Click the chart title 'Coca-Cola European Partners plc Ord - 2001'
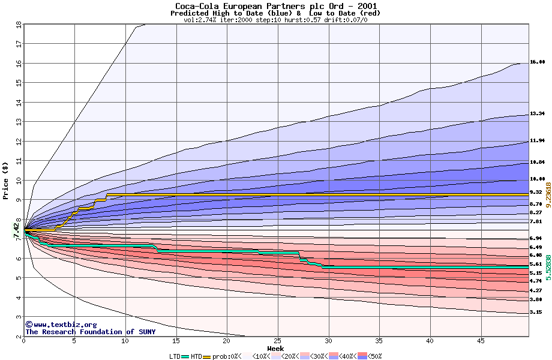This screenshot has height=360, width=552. [x=276, y=5]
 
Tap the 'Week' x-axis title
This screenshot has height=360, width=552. [x=275, y=349]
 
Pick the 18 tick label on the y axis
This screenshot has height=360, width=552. [x=19, y=25]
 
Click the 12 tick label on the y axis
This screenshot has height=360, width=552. [x=19, y=142]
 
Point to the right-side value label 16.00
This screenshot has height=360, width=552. [x=537, y=62]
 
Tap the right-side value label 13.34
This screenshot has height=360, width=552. [x=537, y=113]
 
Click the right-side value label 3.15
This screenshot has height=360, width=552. [x=536, y=313]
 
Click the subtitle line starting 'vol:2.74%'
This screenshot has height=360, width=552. [x=275, y=20]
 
